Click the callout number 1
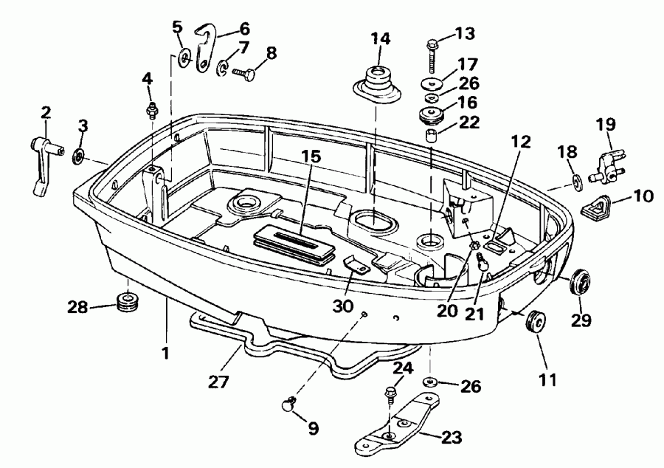[166, 353]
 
